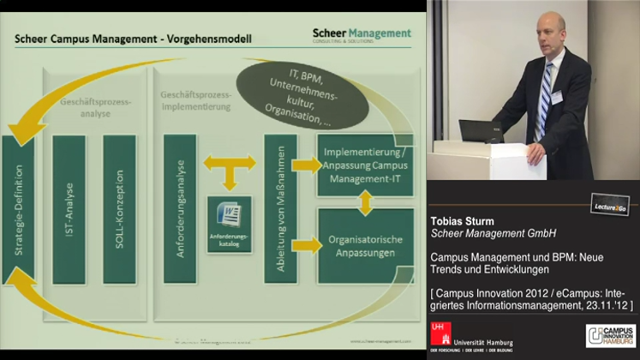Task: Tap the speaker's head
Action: coord(551,32)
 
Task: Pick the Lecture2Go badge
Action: coord(611,203)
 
